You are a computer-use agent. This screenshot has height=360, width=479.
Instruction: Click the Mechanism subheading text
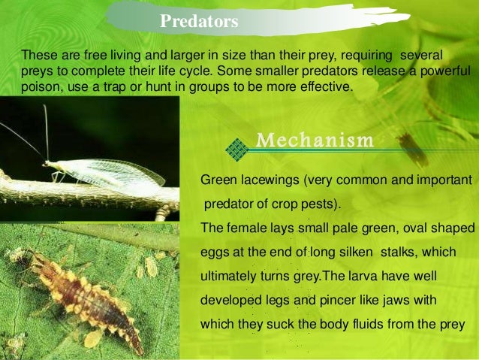point(315,140)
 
